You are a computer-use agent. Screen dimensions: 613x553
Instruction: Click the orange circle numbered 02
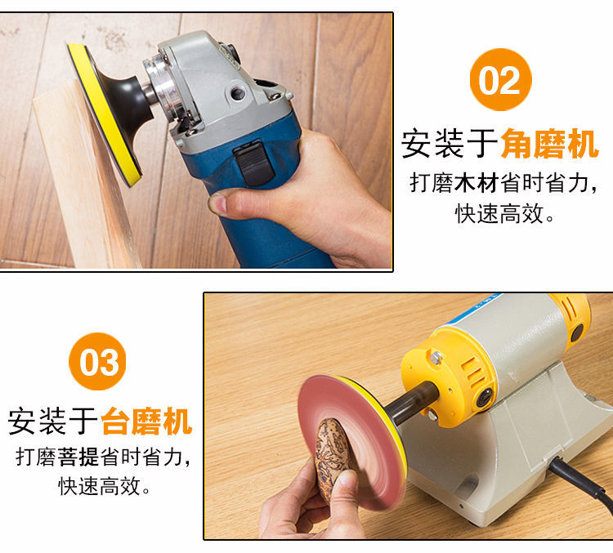(x=500, y=79)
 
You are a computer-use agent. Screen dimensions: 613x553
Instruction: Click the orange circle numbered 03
(x=97, y=362)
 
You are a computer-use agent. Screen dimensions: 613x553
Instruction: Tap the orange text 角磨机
(x=549, y=144)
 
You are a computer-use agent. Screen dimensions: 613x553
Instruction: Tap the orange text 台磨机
(x=146, y=421)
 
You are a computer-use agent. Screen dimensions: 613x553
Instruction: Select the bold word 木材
(x=477, y=183)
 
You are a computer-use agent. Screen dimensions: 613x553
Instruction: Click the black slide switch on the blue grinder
(x=253, y=163)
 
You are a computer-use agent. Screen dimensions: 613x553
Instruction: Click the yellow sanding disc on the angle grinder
(x=103, y=114)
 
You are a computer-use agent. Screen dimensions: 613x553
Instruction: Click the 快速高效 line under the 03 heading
(x=104, y=487)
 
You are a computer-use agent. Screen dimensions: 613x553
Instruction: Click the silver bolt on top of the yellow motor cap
(x=436, y=357)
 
